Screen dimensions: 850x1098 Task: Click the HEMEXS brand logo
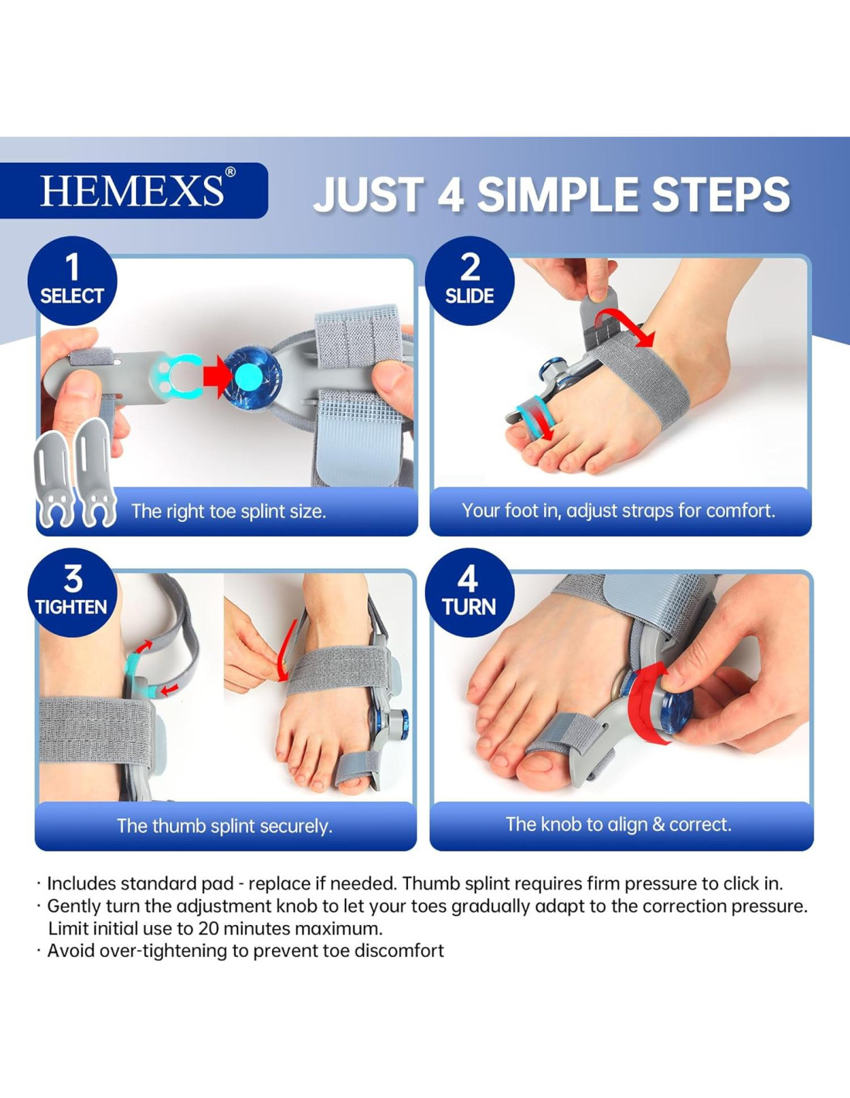click(x=131, y=191)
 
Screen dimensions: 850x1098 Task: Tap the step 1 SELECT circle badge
click(x=73, y=281)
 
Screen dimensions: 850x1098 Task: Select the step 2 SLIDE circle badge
click(x=470, y=281)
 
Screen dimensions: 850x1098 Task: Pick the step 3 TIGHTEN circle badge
click(x=73, y=592)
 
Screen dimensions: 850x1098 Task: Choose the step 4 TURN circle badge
click(x=470, y=592)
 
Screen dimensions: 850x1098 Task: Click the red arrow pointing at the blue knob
click(x=217, y=377)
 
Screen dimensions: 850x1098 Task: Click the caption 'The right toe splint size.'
click(x=229, y=511)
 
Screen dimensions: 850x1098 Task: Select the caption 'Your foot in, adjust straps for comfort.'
click(x=618, y=511)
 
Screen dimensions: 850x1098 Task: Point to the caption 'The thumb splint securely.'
click(x=225, y=826)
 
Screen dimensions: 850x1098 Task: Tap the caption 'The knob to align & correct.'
click(x=618, y=825)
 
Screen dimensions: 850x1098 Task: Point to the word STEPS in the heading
click(x=721, y=195)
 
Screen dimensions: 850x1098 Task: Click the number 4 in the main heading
click(x=451, y=195)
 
